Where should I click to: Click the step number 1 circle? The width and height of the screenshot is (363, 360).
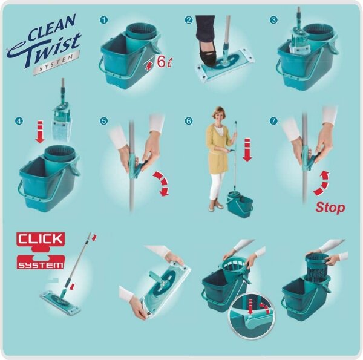[104, 20]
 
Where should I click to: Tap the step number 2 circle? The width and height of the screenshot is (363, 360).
[189, 20]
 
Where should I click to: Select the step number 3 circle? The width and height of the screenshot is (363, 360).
[273, 20]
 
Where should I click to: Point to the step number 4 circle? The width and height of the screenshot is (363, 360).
[19, 121]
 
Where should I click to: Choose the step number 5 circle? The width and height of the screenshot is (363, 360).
[104, 121]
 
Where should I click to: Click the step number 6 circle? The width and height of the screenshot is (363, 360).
[189, 121]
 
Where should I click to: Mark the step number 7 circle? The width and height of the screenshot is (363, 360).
[273, 121]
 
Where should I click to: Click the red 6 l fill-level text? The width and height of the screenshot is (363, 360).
[165, 62]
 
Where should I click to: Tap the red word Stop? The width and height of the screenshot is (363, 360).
[330, 208]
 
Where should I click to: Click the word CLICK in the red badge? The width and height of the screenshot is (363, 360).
[41, 239]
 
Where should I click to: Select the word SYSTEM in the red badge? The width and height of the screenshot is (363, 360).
[41, 265]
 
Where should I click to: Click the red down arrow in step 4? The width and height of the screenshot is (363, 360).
[40, 131]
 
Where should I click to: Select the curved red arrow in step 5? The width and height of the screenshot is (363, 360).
[162, 183]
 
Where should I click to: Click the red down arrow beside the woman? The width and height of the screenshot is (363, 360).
[247, 149]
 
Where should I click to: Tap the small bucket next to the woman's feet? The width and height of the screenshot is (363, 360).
[240, 204]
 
